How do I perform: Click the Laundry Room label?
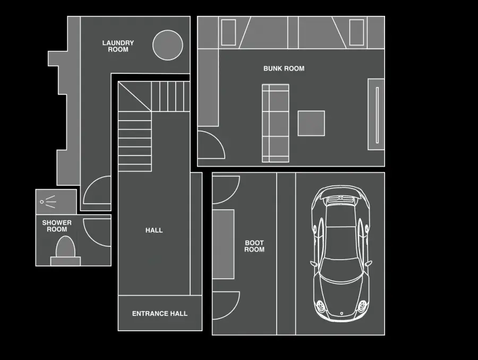pyautogui.click(x=118, y=46)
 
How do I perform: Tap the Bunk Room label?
pyautogui.click(x=284, y=68)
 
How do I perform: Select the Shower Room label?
pyautogui.click(x=57, y=226)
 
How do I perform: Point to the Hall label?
pyautogui.click(x=154, y=230)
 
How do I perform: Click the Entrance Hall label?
pyautogui.click(x=160, y=314)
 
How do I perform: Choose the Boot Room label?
pyautogui.click(x=254, y=246)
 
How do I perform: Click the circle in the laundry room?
pyautogui.click(x=168, y=45)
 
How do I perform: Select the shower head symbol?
pyautogui.click(x=48, y=202)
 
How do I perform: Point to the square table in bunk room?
pyautogui.click(x=311, y=123)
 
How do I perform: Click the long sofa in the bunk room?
pyautogui.click(x=276, y=123)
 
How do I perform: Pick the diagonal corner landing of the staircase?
pyautogui.click(x=135, y=96)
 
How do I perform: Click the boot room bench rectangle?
pyautogui.click(x=224, y=244)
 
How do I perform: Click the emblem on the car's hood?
pyautogui.click(x=342, y=313)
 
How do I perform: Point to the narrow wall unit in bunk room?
pyautogui.click(x=376, y=114)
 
